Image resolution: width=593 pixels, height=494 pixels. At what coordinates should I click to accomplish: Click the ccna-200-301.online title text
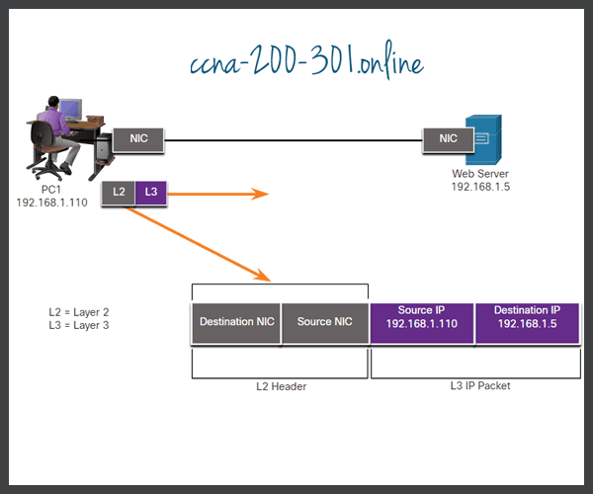[306, 64]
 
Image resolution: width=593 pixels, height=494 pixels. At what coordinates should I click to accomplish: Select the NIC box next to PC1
[138, 139]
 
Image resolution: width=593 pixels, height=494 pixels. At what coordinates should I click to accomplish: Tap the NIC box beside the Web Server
[447, 139]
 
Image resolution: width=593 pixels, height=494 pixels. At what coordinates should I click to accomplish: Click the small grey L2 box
[119, 193]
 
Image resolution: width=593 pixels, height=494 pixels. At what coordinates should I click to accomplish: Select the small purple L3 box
[150, 193]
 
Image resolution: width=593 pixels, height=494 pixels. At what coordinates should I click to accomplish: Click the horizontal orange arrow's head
[262, 194]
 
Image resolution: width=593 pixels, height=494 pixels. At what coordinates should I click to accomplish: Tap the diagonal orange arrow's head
[262, 274]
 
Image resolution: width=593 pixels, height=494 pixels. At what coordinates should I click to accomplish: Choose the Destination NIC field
[236, 322]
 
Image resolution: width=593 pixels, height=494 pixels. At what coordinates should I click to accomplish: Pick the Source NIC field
[324, 322]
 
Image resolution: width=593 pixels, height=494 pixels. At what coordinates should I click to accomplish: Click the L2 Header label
[281, 386]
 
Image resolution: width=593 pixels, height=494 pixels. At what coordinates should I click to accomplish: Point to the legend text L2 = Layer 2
[78, 311]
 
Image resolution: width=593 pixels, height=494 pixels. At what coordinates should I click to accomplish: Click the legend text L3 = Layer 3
[78, 323]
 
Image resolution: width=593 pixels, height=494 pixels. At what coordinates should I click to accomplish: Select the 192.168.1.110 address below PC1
[53, 202]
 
